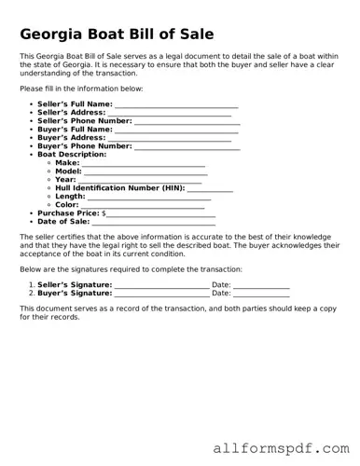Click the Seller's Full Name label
[75, 103]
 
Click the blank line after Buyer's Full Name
[176, 130]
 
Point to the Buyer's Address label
[71, 137]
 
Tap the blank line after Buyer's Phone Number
[187, 146]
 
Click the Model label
[68, 171]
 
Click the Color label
[67, 205]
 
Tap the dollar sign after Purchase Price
[104, 213]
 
